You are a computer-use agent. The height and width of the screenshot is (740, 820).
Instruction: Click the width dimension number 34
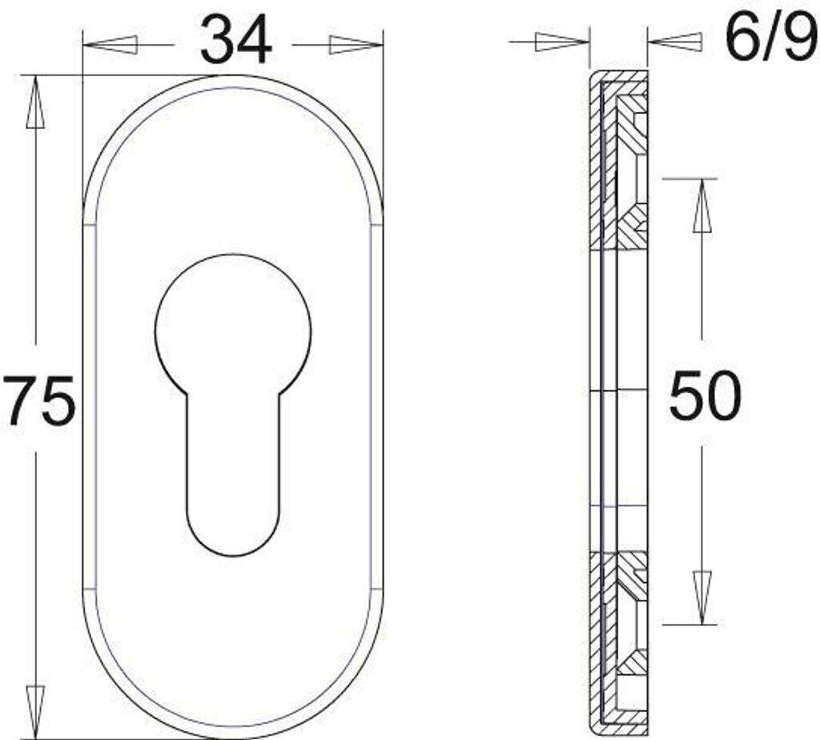click(x=236, y=40)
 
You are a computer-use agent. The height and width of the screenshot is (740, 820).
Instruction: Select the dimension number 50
click(x=705, y=395)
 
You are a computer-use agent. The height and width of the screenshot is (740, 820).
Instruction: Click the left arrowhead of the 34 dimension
click(x=111, y=45)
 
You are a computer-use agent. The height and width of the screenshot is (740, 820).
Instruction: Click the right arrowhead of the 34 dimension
click(x=356, y=45)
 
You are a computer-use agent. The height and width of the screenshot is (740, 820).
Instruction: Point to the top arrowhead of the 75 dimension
click(x=35, y=102)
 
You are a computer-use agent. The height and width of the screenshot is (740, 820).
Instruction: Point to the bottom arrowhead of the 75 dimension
click(x=35, y=712)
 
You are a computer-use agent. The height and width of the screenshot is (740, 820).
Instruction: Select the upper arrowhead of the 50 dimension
click(x=702, y=206)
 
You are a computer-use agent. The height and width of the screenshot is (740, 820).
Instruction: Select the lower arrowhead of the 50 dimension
click(x=702, y=597)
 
